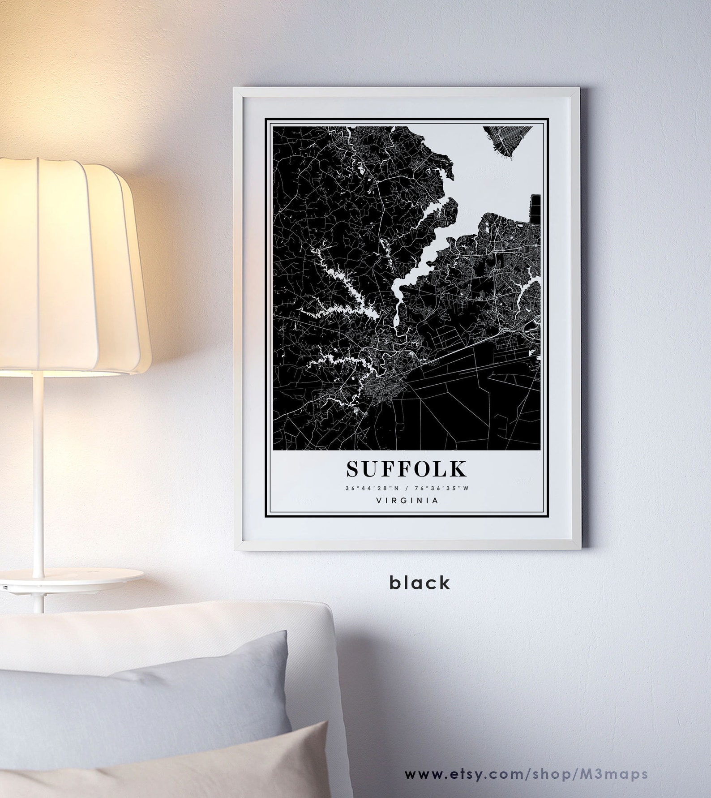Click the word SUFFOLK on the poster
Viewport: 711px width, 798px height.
[x=406, y=469]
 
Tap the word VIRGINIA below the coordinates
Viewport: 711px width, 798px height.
[x=407, y=501]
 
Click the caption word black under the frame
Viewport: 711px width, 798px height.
[x=420, y=583]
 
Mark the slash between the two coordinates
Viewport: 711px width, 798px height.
[x=406, y=489]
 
